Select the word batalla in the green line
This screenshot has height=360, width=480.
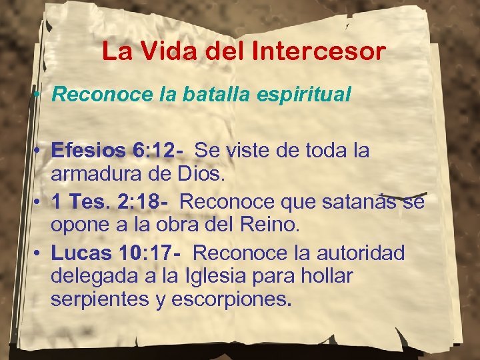coord(200,95)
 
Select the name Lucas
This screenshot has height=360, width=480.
coord(79,253)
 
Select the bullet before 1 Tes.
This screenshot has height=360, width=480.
coord(39,201)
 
